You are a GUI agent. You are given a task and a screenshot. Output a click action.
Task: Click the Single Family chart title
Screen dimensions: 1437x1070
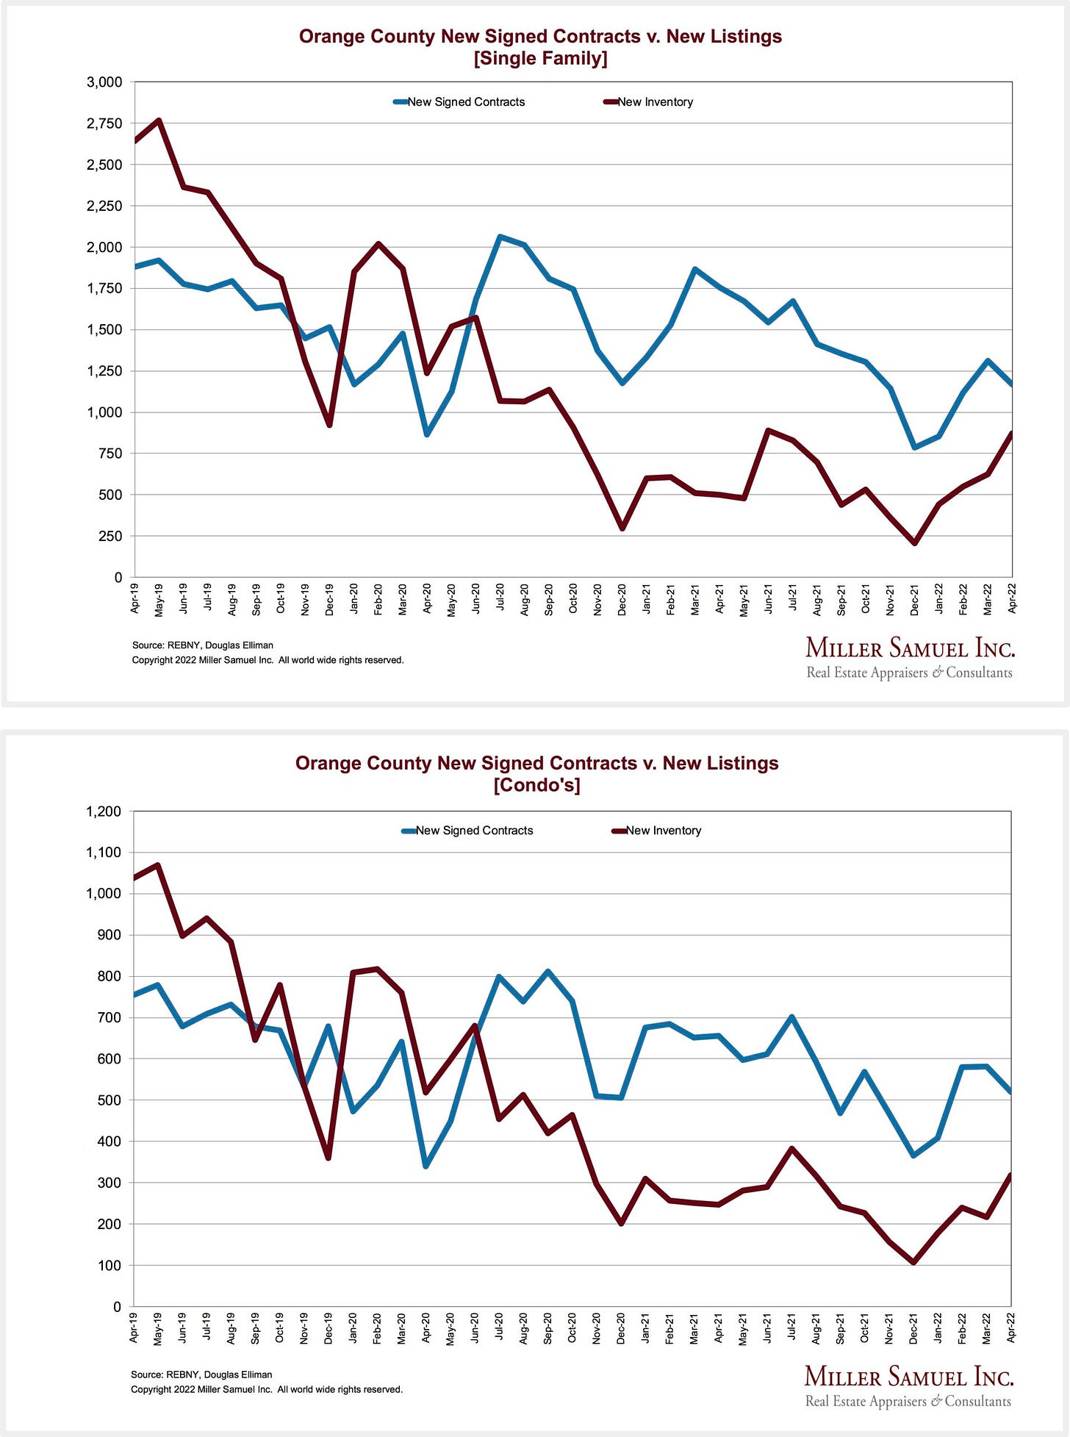(540, 47)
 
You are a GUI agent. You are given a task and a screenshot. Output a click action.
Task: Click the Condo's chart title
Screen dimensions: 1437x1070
(536, 774)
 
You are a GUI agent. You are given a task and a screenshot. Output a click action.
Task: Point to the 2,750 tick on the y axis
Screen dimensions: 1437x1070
(104, 123)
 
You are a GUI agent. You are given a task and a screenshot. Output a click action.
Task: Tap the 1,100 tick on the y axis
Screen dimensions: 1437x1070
(104, 853)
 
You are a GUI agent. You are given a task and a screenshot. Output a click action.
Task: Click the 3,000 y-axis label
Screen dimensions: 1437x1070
(104, 82)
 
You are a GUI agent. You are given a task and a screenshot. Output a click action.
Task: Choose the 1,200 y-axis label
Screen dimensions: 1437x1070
(104, 811)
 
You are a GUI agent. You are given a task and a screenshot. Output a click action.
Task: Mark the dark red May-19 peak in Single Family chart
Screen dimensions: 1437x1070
(159, 121)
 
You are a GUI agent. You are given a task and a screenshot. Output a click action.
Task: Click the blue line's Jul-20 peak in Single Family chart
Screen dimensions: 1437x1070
(500, 237)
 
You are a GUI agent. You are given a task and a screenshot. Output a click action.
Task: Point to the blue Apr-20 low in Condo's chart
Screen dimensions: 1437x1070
(426, 1166)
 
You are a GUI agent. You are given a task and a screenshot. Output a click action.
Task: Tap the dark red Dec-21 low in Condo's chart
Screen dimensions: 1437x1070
(913, 1262)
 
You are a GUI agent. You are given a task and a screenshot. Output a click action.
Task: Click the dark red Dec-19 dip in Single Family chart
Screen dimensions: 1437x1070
(329, 425)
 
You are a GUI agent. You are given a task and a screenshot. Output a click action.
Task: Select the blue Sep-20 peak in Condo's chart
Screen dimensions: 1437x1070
(548, 972)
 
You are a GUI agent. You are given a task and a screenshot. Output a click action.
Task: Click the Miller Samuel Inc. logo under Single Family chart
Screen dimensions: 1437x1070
(910, 648)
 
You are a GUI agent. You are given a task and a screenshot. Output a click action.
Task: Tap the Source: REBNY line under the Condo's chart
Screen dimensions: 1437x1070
(201, 1375)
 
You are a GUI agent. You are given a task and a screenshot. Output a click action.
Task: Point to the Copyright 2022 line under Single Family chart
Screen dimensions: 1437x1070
(267, 660)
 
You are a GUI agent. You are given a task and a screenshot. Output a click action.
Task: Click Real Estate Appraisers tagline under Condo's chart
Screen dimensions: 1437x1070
(908, 1401)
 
